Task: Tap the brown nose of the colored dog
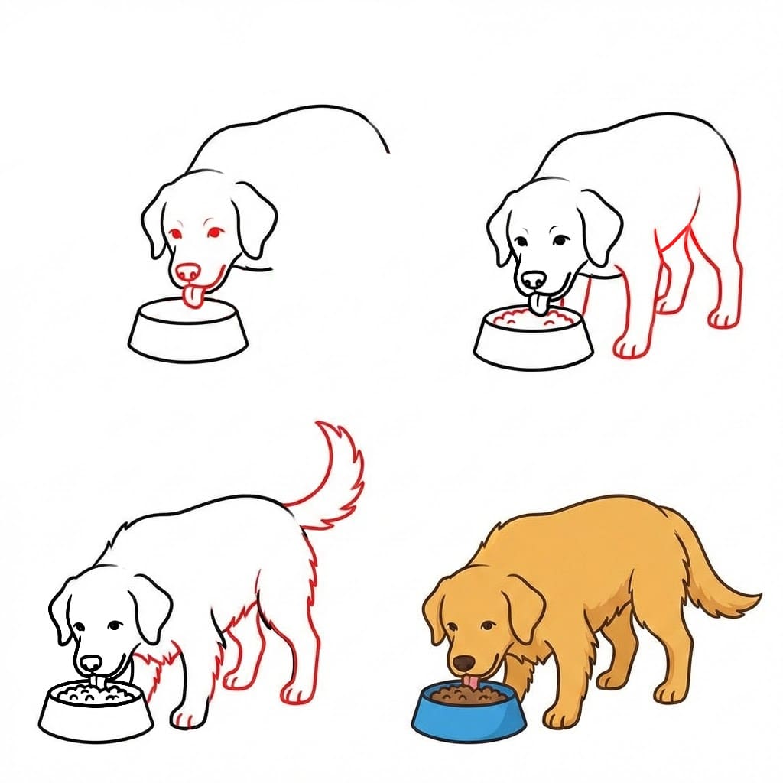[462, 662]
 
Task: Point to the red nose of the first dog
[187, 271]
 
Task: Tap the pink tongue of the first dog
[196, 297]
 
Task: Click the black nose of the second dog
[534, 279]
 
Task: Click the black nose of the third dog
[91, 663]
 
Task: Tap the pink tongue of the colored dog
[474, 681]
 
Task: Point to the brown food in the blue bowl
[468, 696]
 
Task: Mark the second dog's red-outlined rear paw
[723, 318]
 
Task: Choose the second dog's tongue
[539, 305]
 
